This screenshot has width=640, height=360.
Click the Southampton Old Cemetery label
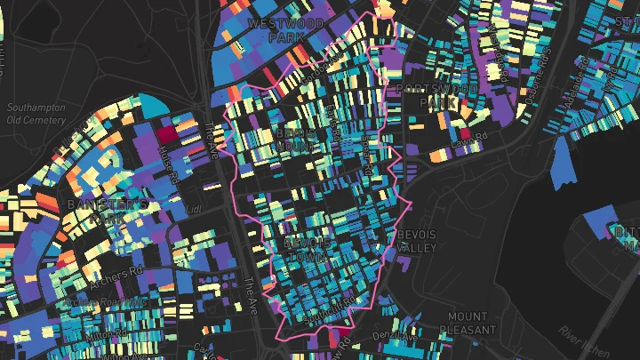[x=36, y=114]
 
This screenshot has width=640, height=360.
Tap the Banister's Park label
[x=108, y=212]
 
